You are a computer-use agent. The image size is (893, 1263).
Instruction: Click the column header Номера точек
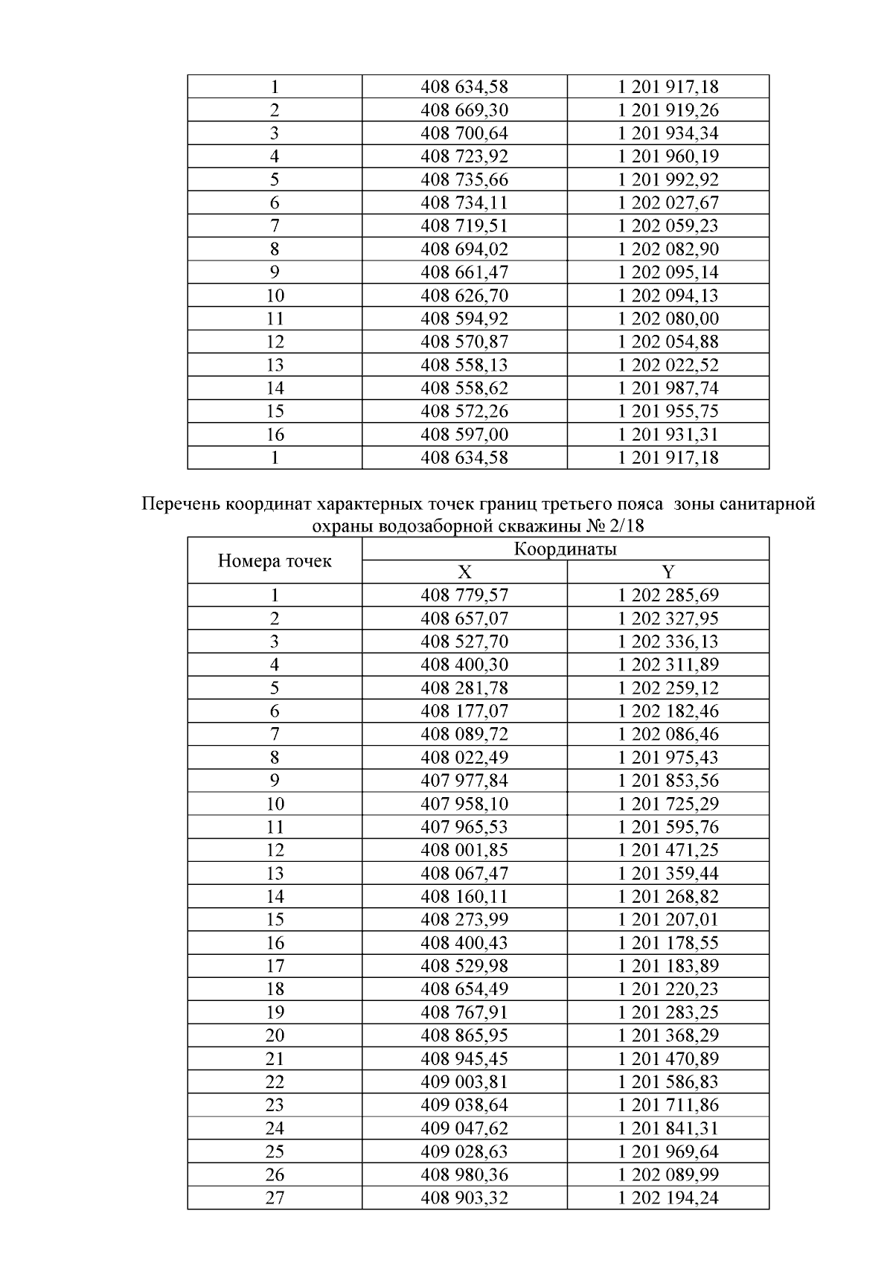[x=275, y=561]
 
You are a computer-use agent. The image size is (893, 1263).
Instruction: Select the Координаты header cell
[x=566, y=550]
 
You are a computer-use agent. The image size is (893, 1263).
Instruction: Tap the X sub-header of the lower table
[x=464, y=572]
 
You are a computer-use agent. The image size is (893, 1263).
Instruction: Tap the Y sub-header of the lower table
[x=668, y=572]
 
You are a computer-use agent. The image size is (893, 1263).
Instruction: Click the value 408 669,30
[x=464, y=110]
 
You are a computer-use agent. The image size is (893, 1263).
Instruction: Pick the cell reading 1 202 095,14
[x=668, y=272]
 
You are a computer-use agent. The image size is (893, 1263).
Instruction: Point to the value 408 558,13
[x=464, y=365]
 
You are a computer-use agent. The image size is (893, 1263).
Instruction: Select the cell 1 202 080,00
[x=668, y=319]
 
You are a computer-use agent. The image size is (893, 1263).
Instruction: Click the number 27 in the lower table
[x=275, y=1198]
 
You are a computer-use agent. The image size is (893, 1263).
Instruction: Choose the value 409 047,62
[x=464, y=1128]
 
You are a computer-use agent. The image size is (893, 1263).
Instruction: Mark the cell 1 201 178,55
[x=668, y=943]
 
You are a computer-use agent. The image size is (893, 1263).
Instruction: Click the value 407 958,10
[x=464, y=804]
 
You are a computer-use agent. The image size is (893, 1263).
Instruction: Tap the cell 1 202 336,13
[x=668, y=642]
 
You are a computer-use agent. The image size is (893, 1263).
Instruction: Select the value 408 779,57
[x=464, y=595]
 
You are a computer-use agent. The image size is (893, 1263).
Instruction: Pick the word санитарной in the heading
[x=768, y=505]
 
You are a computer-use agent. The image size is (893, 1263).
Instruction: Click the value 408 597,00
[x=464, y=434]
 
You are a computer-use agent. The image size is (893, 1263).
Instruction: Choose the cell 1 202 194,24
[x=668, y=1198]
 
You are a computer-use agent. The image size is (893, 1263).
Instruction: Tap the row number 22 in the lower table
[x=275, y=1082]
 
